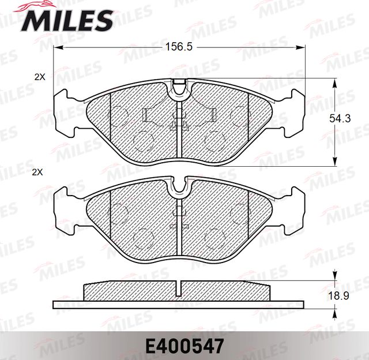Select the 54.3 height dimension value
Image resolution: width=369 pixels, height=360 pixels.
(x=340, y=119)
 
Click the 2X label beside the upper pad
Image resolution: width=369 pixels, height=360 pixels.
(x=39, y=76)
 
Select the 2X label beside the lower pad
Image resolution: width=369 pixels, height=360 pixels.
(x=39, y=172)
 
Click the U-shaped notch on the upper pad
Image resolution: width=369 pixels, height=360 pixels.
(x=180, y=88)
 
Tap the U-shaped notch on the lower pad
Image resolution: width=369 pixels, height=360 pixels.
(x=180, y=185)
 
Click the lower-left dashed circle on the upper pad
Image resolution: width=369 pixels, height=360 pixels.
(x=142, y=139)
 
